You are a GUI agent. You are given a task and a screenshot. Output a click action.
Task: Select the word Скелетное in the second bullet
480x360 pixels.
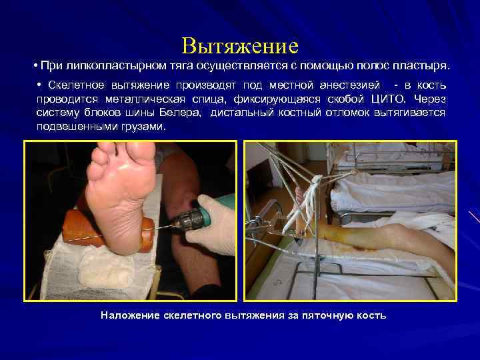coord(71,86)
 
